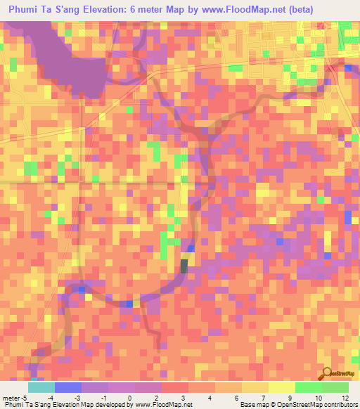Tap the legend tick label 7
click(242, 398)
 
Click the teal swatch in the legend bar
click(41, 387)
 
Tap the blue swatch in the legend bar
click(68, 387)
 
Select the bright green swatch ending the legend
click(335, 387)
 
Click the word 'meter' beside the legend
click(11, 398)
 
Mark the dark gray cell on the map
click(184, 266)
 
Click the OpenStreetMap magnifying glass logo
click(327, 374)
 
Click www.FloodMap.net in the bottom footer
click(164, 405)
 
